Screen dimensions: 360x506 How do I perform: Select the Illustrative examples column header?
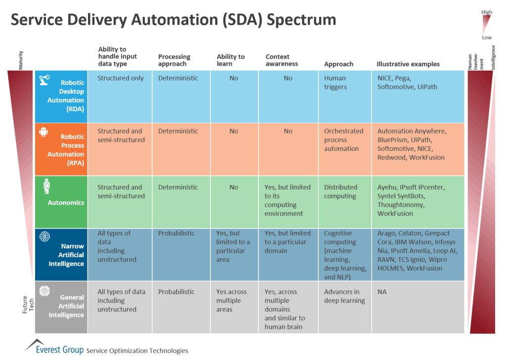click(x=408, y=64)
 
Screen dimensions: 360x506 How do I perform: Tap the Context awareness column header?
click(x=282, y=60)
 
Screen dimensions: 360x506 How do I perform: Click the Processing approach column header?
click(x=174, y=60)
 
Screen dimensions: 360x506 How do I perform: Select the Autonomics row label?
click(x=66, y=203)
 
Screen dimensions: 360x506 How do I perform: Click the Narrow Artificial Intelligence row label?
click(x=66, y=255)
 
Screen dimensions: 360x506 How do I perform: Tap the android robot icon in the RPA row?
click(x=44, y=132)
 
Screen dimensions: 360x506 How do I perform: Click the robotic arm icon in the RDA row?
click(x=44, y=79)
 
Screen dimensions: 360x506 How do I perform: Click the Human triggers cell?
click(x=335, y=83)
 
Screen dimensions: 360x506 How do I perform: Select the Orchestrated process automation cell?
click(x=343, y=140)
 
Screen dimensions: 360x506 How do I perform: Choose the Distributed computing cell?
click(x=340, y=191)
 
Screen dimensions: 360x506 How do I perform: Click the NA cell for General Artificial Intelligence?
click(x=382, y=292)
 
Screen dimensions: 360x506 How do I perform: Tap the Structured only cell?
click(x=120, y=78)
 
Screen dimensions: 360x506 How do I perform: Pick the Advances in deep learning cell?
click(x=344, y=296)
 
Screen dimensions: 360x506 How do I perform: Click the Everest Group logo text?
click(x=59, y=350)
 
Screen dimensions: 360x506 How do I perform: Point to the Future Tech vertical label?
click(x=28, y=306)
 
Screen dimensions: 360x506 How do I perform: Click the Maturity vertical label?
click(x=21, y=60)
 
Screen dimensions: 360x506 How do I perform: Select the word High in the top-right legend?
click(x=487, y=12)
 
